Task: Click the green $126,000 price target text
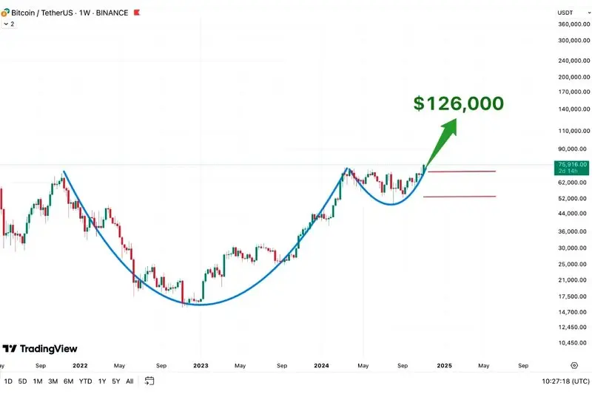(x=458, y=103)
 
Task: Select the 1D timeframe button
(x=8, y=381)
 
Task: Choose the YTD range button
(x=85, y=381)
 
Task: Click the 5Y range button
(x=116, y=381)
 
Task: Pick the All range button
(x=129, y=381)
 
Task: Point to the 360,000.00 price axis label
(x=573, y=24)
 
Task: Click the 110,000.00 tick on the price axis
(x=573, y=131)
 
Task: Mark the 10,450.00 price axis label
(x=573, y=343)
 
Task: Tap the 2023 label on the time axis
(x=201, y=365)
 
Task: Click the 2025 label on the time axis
(x=444, y=365)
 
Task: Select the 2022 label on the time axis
(x=80, y=365)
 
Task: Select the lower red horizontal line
(x=459, y=197)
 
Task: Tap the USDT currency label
(x=565, y=13)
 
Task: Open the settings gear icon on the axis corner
(x=574, y=365)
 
